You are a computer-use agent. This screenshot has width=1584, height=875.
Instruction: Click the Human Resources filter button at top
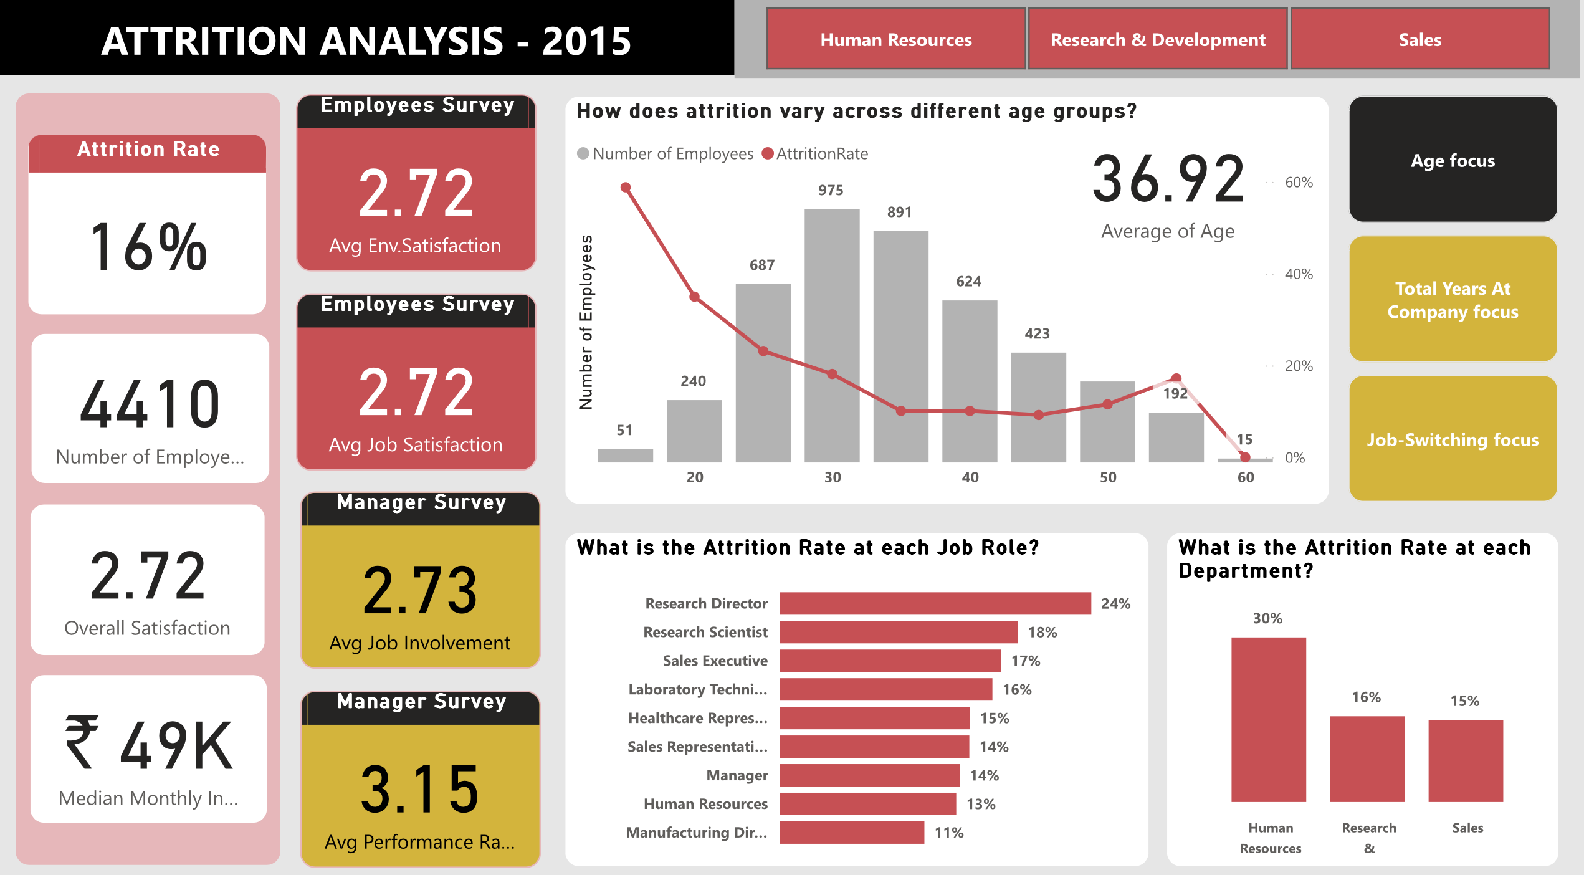pos(895,39)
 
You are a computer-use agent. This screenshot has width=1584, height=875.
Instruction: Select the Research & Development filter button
pos(1158,39)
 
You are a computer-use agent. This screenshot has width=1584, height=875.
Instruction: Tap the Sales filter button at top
pos(1419,39)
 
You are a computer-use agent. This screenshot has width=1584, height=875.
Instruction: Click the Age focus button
pos(1453,160)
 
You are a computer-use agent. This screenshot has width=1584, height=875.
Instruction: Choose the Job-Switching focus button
pos(1453,439)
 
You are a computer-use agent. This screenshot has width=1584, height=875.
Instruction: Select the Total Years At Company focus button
pos(1453,300)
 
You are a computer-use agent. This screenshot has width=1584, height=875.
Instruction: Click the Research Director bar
pos(935,603)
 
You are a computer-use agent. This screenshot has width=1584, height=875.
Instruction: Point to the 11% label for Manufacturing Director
pos(948,833)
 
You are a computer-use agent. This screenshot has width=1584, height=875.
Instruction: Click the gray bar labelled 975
pos(831,337)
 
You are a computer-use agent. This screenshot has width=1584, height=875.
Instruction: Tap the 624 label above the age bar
pos(968,281)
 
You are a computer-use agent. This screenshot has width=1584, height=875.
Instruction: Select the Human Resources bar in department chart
pos(1268,719)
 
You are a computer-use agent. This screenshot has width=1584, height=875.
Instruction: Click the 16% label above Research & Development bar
pos(1366,697)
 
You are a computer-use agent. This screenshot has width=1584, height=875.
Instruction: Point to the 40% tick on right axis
pos(1298,274)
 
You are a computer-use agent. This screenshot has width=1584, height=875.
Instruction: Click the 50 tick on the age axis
pos(1107,477)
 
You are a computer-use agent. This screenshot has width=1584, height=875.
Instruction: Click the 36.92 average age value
pos(1168,180)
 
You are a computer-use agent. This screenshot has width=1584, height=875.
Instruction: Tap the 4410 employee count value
pos(150,405)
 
